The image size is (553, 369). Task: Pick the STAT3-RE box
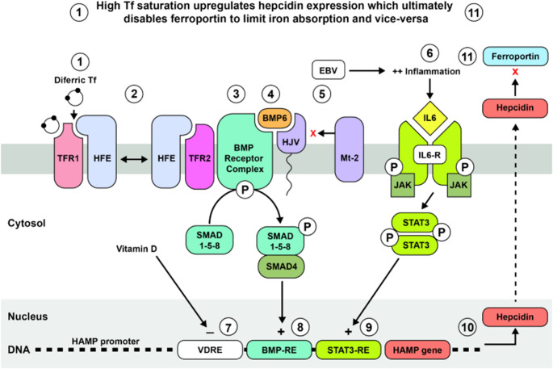355,350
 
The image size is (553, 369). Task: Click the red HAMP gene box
420,350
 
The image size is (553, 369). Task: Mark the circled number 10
466,326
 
